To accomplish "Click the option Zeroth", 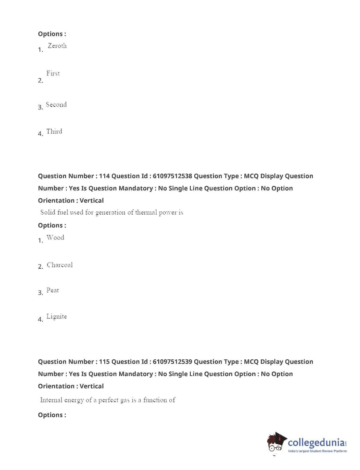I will [x=57, y=46].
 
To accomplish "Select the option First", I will [x=53, y=73].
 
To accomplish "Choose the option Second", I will [x=56, y=105].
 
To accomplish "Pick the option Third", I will [x=54, y=132].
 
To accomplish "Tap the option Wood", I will [x=55, y=238].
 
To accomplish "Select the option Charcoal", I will [x=59, y=265].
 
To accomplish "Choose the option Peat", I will [x=53, y=290].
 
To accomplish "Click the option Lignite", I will [x=57, y=317].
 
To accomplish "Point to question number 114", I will [x=104, y=176].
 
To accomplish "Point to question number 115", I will [x=104, y=362].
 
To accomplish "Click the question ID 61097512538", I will [x=172, y=176].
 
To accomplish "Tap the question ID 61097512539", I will [x=172, y=362].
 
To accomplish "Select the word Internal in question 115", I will [x=51, y=400].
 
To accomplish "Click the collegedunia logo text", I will [x=316, y=443].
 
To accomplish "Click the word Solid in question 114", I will [x=47, y=213].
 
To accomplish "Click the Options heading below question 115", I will [x=52, y=415].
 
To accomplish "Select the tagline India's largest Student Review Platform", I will [x=317, y=451].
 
